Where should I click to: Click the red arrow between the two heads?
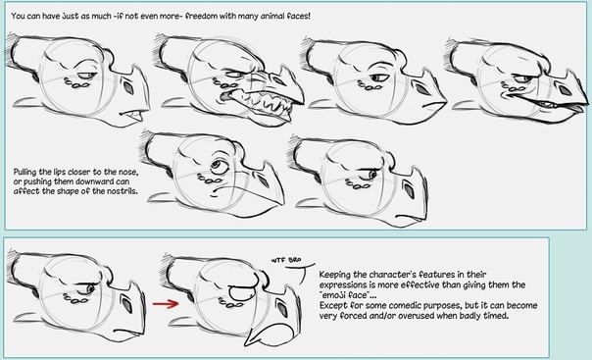coord(166,303)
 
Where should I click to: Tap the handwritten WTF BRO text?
coord(286,260)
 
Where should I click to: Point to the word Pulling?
coord(25,173)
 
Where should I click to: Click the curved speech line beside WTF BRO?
coord(301,271)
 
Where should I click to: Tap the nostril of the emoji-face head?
coord(281,307)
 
